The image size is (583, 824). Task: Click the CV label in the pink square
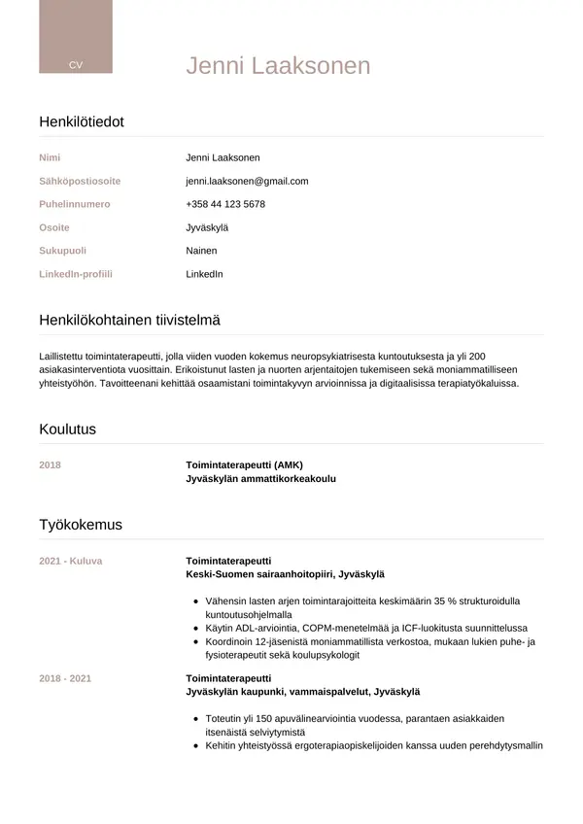[76, 65]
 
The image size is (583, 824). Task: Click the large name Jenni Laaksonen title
[278, 66]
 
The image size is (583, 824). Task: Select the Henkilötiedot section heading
[82, 122]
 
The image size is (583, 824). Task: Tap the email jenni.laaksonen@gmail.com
[247, 181]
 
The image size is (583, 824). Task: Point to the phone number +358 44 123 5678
[225, 204]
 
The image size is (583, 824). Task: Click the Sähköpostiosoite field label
[80, 181]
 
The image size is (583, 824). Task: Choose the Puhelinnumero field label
[75, 204]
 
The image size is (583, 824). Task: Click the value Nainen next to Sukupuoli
[201, 251]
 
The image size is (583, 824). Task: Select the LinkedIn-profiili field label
[76, 274]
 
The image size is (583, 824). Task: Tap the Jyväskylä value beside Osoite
[207, 227]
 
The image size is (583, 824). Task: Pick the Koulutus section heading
[67, 429]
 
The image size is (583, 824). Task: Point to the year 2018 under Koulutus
[50, 464]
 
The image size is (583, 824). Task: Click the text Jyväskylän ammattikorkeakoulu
[261, 479]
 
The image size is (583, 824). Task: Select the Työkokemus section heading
[81, 525]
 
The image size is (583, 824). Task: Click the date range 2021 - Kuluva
[71, 561]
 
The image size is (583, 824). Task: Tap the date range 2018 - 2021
[65, 678]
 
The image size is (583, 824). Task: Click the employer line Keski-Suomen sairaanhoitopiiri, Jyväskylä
[285, 574]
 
